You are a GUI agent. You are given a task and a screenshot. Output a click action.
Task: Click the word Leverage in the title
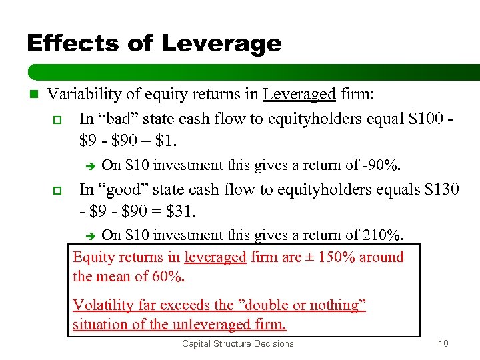[221, 44]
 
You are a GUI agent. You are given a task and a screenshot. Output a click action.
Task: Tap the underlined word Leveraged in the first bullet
[299, 95]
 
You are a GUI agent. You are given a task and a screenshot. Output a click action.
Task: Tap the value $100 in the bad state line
[421, 119]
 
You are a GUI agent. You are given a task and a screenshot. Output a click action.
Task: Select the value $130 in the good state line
[442, 189]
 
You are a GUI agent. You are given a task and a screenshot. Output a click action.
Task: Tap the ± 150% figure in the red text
[331, 257]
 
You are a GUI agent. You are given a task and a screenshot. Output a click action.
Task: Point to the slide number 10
[443, 344]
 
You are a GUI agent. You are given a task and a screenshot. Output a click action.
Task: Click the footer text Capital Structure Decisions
[237, 344]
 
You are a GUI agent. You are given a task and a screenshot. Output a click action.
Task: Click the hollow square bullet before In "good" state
[57, 190]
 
